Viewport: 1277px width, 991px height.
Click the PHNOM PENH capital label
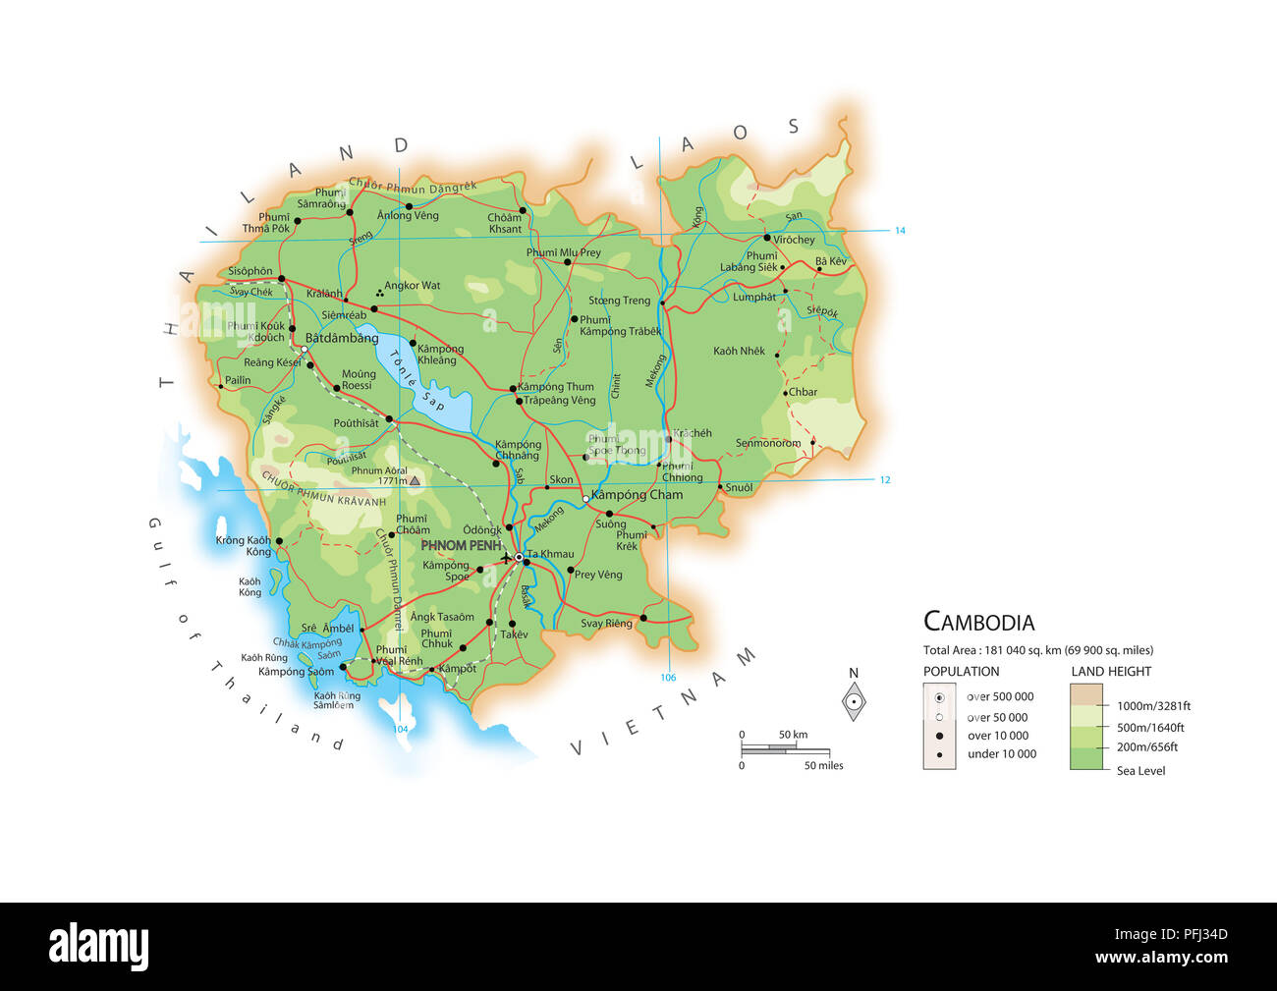[x=461, y=545]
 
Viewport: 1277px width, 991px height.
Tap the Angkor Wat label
[x=413, y=286]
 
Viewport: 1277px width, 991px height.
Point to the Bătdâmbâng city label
[x=342, y=338]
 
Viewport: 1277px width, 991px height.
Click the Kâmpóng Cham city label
[x=637, y=495]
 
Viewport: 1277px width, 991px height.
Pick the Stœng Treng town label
[x=620, y=301]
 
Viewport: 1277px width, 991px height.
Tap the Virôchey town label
[x=794, y=240]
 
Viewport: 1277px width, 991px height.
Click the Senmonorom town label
[x=768, y=443]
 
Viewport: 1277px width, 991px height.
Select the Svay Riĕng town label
[x=606, y=624]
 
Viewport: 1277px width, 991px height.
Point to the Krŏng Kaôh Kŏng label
[x=244, y=546]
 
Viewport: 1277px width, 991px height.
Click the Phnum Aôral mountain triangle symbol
[x=415, y=481]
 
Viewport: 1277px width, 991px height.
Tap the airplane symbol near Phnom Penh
[x=507, y=557]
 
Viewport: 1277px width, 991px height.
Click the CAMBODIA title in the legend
[x=979, y=622]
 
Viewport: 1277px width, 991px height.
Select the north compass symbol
[x=855, y=700]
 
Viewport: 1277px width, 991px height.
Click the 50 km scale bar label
[x=794, y=735]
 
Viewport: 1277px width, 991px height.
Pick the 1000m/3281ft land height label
[x=1154, y=705]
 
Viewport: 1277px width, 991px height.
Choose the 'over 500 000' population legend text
[x=1000, y=696]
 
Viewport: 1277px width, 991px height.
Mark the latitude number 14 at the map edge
[x=900, y=231]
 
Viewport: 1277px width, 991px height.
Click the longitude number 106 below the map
[x=668, y=678]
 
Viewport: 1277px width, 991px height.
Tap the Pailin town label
[x=238, y=380]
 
